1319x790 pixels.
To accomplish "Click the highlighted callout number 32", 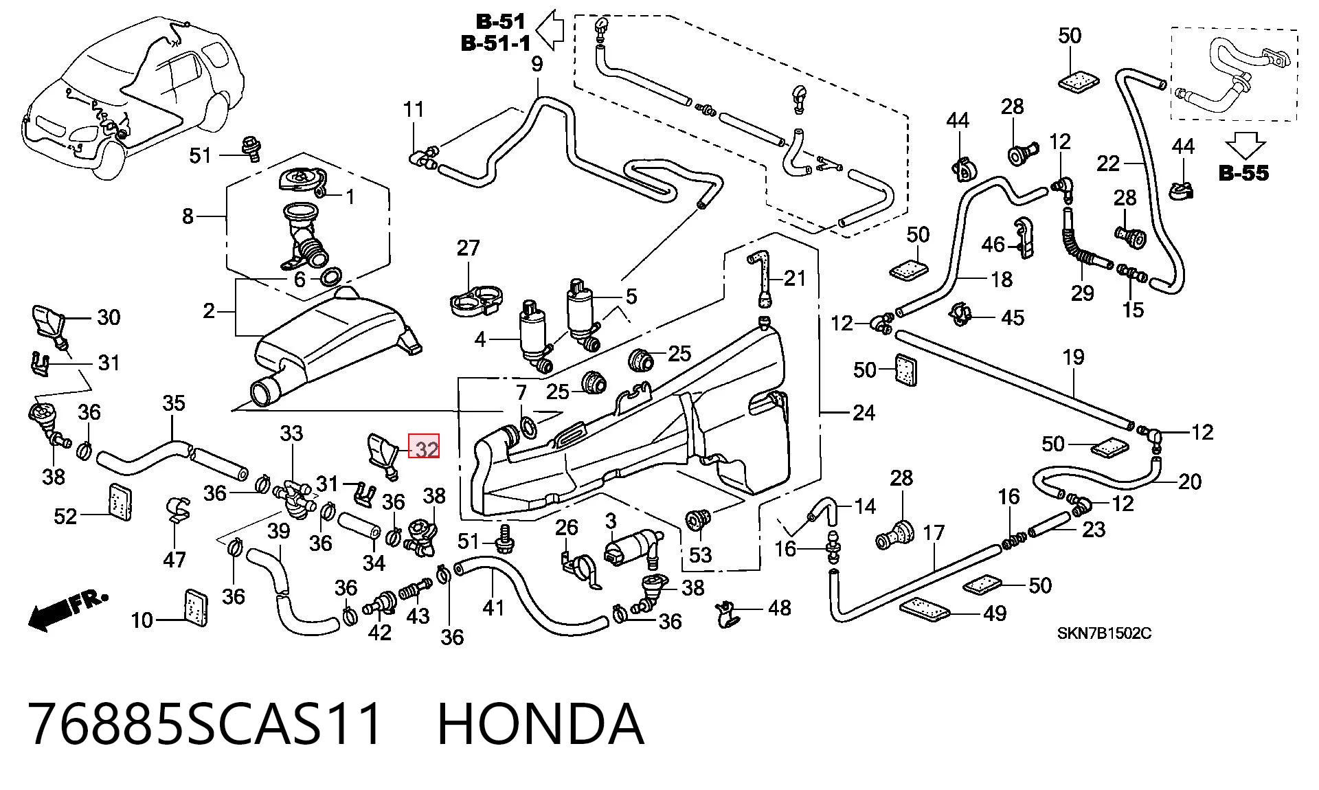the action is (x=425, y=449).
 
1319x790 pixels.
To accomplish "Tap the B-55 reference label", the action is (x=1243, y=173).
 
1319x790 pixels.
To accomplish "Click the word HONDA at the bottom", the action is (x=541, y=723).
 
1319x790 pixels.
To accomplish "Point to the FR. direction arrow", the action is (x=67, y=609).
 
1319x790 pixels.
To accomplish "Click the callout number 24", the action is (x=864, y=413).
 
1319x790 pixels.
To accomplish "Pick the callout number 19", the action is (x=1073, y=357).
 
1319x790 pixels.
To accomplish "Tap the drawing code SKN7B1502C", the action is (x=1104, y=633).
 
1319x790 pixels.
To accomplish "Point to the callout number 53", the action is (x=700, y=554).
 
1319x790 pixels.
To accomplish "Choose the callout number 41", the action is (x=493, y=607).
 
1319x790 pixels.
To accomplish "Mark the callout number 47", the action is (x=174, y=559).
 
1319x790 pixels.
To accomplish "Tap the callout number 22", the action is (x=1108, y=163).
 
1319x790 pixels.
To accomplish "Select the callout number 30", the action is (x=109, y=317).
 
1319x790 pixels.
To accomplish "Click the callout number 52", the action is (x=66, y=515).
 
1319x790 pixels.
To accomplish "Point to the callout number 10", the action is (x=142, y=620).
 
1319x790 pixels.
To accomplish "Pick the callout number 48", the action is (x=779, y=608).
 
